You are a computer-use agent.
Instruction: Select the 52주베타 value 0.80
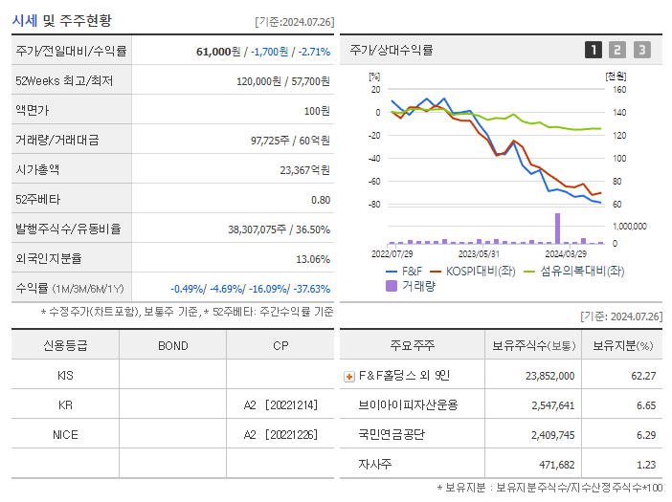point(320,200)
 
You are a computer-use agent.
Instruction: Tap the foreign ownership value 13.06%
point(313,259)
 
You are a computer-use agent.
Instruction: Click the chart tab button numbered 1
point(594,50)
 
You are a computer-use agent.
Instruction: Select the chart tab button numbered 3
point(641,50)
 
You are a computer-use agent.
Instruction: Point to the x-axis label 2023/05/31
point(479,253)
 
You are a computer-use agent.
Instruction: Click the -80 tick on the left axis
point(374,205)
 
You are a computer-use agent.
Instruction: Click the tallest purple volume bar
point(557,228)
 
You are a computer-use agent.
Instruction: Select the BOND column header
point(172,346)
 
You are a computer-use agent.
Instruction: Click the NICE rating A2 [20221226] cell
point(280,434)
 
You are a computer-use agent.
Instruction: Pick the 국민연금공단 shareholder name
point(392,434)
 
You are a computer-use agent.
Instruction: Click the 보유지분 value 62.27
point(643,376)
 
